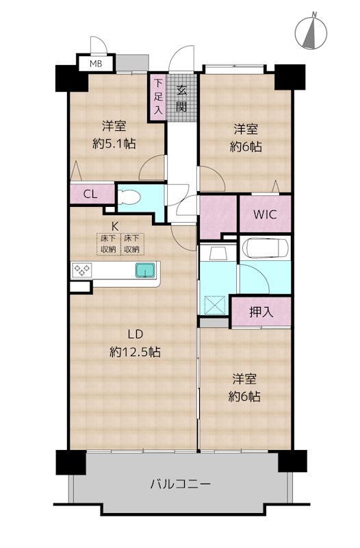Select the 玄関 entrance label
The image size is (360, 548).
click(181, 98)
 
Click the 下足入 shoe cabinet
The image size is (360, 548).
click(158, 97)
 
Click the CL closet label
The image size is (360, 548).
click(90, 194)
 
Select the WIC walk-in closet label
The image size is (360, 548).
click(265, 214)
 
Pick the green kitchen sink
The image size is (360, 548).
click(145, 270)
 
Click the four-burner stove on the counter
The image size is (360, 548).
click(83, 270)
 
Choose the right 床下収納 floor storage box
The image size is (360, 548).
click(132, 244)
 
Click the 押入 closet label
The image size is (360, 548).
click(261, 312)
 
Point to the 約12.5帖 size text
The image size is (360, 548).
click(135, 352)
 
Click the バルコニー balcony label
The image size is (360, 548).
click(180, 484)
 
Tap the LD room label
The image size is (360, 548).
click(135, 334)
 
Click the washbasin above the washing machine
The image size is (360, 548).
click(218, 252)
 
